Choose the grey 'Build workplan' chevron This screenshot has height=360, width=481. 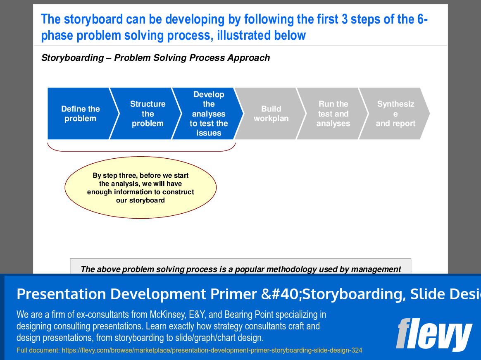[271, 114]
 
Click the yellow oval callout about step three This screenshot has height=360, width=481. [140, 187]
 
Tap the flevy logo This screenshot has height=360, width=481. [433, 334]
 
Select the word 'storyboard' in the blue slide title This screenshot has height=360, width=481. [87, 19]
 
